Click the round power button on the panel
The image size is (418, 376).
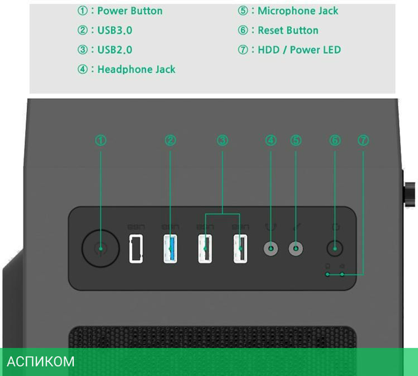(x=100, y=249)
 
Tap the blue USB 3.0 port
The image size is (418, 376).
(x=170, y=249)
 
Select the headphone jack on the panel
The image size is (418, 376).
(x=271, y=249)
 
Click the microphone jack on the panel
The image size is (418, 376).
(x=296, y=249)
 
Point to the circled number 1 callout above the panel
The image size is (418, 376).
(x=101, y=141)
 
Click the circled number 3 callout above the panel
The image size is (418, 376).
(x=222, y=141)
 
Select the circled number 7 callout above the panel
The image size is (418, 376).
(x=363, y=141)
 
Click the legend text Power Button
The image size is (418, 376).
(x=130, y=11)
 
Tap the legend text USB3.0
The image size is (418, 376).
(x=115, y=30)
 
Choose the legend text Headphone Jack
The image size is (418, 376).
(x=136, y=69)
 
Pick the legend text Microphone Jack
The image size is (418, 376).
(x=298, y=11)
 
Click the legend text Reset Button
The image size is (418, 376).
(x=288, y=30)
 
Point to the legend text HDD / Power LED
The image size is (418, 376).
(x=299, y=50)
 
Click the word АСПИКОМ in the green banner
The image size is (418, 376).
(x=41, y=361)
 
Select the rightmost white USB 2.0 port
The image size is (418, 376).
(x=240, y=249)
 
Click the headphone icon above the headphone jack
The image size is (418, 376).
(x=271, y=227)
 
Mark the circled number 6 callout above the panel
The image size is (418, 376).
(x=335, y=141)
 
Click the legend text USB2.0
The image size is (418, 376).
(x=115, y=50)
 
